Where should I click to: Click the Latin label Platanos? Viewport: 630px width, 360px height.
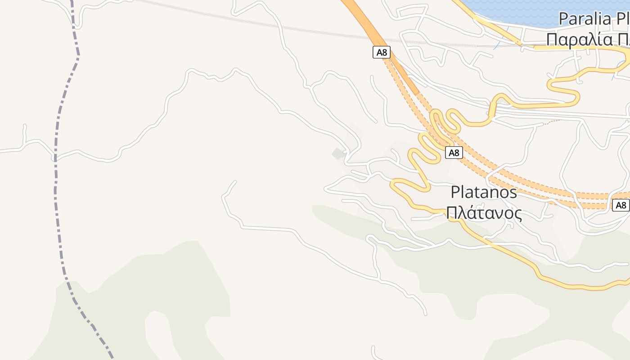(x=484, y=193)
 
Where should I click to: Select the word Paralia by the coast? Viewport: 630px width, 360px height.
(x=585, y=19)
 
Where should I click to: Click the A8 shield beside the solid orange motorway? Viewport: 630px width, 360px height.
(x=381, y=53)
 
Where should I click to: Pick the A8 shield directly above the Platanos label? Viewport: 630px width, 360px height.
(x=454, y=153)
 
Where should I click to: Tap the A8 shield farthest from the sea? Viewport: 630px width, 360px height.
(x=621, y=206)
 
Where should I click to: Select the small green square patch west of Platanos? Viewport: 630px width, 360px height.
(x=338, y=154)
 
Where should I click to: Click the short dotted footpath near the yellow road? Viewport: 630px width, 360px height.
(x=551, y=121)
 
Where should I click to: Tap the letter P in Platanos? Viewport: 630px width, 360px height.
(x=455, y=193)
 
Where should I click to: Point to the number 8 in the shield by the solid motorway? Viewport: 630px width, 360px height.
(x=384, y=53)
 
